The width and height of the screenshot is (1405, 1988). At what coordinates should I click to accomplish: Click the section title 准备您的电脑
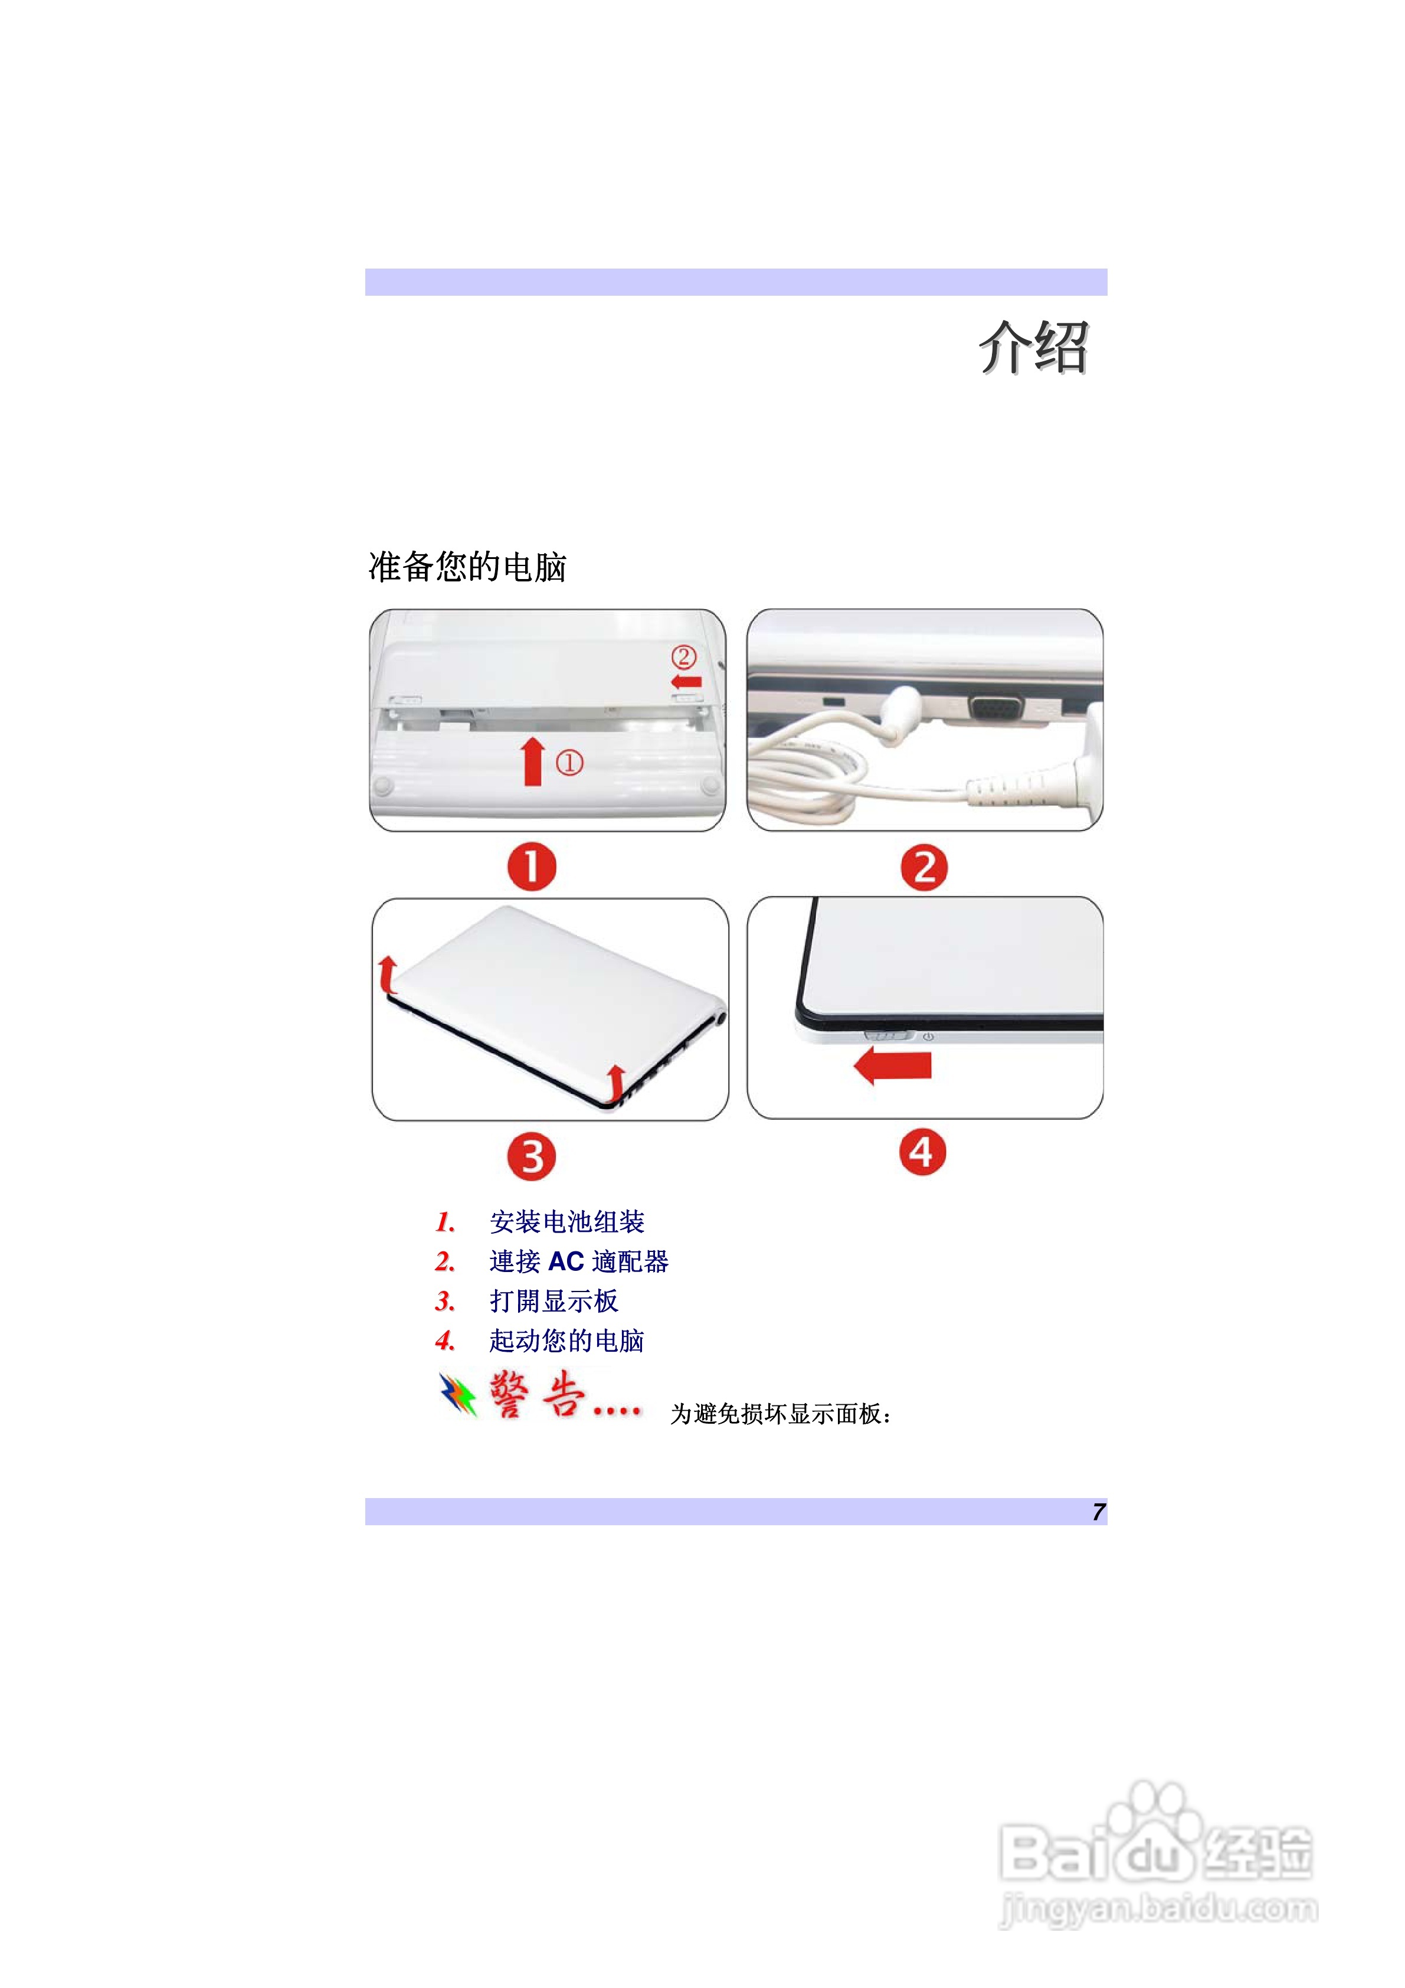click(x=467, y=567)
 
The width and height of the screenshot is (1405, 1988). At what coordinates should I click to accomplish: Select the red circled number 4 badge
click(x=922, y=1152)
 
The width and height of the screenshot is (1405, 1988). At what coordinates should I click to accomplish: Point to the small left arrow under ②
click(x=686, y=681)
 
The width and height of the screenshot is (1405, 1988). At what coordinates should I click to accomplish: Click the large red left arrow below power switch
click(x=893, y=1065)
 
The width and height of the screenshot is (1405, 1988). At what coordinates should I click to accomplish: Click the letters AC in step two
click(x=566, y=1261)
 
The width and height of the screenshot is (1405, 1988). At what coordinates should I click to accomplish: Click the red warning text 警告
click(x=537, y=1394)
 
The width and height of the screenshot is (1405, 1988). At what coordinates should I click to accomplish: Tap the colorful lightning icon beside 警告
click(x=458, y=1394)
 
